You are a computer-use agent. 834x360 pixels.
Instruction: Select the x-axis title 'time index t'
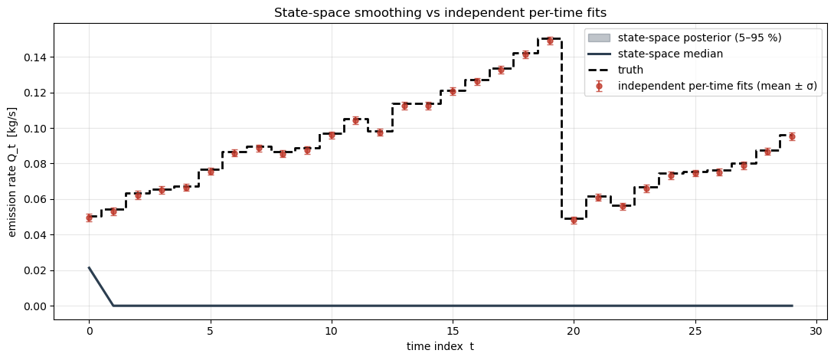click(440, 346)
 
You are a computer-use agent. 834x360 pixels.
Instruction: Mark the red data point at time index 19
click(550, 41)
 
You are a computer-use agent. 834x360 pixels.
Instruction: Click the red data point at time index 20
click(574, 220)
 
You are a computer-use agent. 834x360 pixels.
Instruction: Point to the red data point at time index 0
click(89, 218)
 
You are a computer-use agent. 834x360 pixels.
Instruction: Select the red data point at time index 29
click(792, 136)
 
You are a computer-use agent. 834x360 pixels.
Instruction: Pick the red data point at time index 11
click(355, 120)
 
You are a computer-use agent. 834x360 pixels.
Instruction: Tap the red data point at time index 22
click(623, 206)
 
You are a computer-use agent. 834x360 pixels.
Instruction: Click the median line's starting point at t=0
click(89, 268)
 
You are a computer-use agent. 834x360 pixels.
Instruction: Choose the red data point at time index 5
click(211, 172)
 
